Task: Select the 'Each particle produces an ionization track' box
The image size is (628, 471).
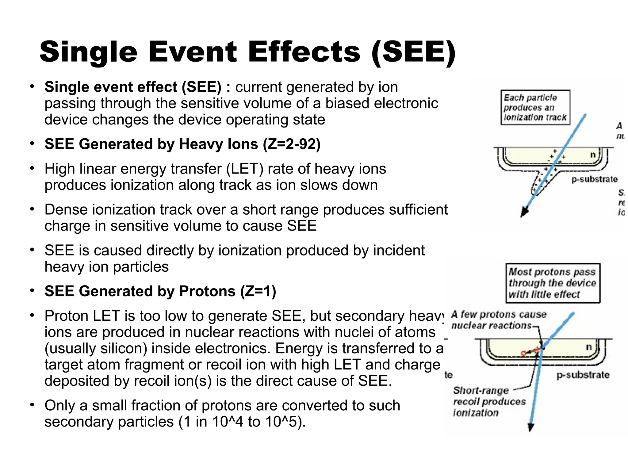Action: [x=535, y=107]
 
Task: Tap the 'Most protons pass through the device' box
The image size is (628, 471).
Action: [x=553, y=283]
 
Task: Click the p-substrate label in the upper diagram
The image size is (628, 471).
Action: [x=594, y=179]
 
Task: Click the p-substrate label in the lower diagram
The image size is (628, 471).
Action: [x=583, y=375]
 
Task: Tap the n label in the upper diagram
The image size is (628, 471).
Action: [x=593, y=155]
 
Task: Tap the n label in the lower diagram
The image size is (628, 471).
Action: [x=589, y=347]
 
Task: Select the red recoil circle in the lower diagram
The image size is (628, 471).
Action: [x=524, y=354]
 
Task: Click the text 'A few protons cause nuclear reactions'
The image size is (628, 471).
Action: [x=498, y=320]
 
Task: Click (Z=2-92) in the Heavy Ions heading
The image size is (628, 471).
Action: [x=292, y=144]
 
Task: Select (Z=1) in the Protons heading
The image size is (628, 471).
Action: [x=258, y=291]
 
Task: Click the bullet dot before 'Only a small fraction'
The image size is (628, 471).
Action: [x=32, y=405]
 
